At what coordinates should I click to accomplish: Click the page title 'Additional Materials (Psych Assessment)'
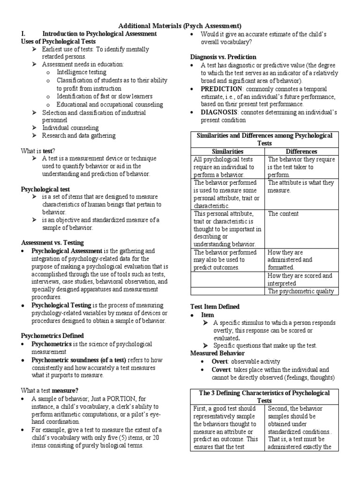click(180, 26)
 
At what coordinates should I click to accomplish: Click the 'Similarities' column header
click(228, 151)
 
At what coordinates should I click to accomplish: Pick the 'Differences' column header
click(301, 151)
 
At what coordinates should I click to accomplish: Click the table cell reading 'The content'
click(283, 213)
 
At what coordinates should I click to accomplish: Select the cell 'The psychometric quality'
click(300, 291)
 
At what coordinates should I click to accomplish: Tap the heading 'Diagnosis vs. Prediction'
click(223, 56)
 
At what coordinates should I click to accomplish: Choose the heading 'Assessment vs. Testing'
click(52, 242)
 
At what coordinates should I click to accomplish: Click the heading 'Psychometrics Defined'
click(52, 336)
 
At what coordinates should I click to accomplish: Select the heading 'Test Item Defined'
click(215, 307)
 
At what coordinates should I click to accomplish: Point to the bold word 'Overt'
click(220, 361)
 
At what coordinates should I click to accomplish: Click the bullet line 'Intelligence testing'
click(81, 72)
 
